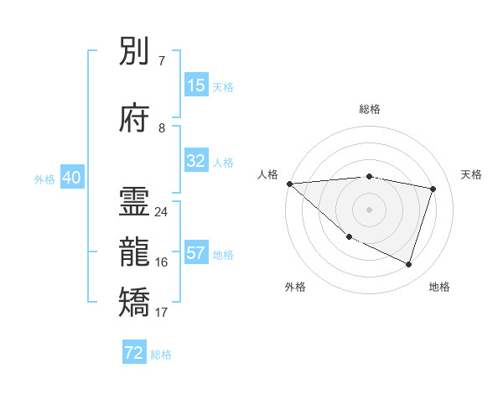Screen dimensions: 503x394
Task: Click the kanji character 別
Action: (136, 52)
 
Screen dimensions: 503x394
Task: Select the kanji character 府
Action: (136, 119)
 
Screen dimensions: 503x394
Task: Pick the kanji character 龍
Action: (136, 252)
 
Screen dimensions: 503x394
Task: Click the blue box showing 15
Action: (196, 86)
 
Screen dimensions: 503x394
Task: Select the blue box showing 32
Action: (196, 161)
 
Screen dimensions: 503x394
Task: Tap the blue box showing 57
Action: (196, 253)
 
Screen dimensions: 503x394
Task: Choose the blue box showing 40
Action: (71, 178)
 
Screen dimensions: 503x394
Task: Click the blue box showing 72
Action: (134, 353)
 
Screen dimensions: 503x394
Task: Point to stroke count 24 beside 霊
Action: (161, 212)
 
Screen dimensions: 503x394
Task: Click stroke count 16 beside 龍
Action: (161, 262)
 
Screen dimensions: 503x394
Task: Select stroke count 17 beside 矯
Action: (161, 313)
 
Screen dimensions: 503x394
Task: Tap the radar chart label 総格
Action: (369, 109)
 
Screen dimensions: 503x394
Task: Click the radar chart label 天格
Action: (471, 174)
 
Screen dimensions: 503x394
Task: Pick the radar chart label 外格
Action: (295, 287)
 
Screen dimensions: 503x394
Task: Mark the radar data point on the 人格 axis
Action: (289, 184)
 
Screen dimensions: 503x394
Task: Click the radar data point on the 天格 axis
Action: (433, 189)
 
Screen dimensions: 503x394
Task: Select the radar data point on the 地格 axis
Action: (408, 264)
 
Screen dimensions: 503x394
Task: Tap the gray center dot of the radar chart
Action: (369, 210)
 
